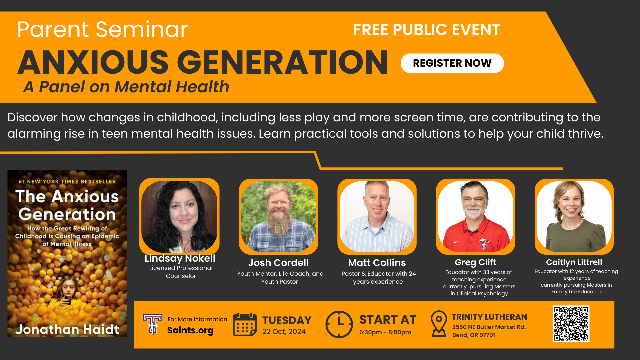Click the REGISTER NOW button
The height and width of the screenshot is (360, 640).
pos(452,63)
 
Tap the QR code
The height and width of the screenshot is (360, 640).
pos(571,324)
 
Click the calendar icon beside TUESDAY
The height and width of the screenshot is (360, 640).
pos(245,324)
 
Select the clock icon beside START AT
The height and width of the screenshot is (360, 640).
pos(339,324)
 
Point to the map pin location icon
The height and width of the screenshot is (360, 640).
pos(439,324)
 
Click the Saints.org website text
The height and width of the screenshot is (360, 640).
pos(190,330)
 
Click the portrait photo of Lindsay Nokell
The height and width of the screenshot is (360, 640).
pos(179,216)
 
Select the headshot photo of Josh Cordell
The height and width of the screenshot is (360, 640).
pos(278,216)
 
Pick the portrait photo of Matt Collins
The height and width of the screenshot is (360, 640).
pos(377,216)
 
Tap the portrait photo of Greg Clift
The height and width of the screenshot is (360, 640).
pos(476,216)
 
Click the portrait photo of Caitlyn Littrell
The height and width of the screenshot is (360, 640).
pos(574,216)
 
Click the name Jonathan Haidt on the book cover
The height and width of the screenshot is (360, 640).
pos(67,329)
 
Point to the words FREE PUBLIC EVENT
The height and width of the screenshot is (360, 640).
pos(427,30)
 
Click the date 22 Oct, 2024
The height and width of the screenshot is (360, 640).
pos(284,332)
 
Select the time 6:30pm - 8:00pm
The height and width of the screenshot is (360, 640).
pos(385,332)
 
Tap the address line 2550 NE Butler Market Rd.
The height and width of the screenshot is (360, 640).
pos(489,327)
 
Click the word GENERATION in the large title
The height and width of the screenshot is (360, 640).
pos(282,62)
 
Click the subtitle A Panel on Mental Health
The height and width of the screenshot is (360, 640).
pos(126,87)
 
